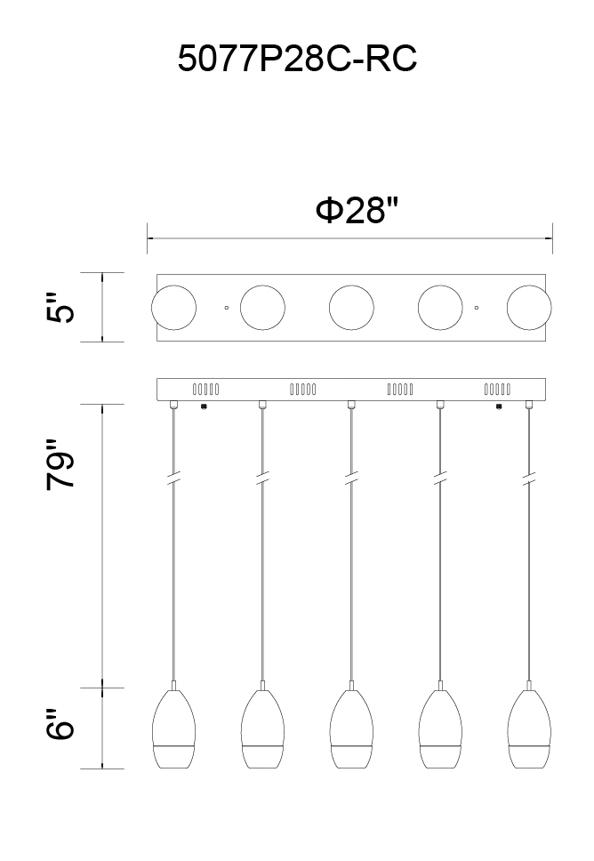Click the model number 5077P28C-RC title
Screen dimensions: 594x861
point(297,58)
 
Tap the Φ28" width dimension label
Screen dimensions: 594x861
point(356,210)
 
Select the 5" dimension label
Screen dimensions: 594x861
point(60,308)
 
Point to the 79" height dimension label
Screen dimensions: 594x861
point(60,464)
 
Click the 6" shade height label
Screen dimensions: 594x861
point(60,725)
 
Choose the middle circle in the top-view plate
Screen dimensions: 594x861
point(351,308)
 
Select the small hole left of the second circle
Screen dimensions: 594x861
point(226,308)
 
